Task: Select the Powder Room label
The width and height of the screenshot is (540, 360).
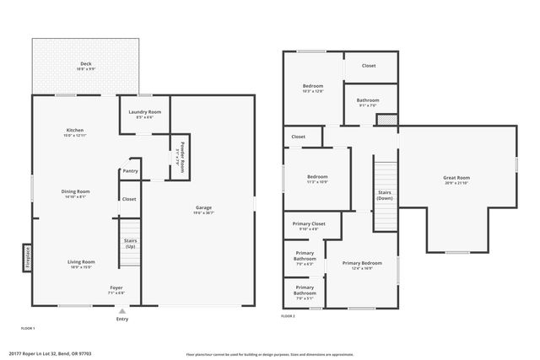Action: coord(180,155)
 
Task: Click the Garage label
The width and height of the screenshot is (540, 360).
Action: coord(203,209)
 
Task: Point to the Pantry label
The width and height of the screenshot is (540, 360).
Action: coord(130,171)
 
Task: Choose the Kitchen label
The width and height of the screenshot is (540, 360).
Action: coord(75,132)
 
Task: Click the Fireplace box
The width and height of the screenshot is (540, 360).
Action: coord(26,255)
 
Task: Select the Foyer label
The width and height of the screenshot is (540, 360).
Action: coord(116,290)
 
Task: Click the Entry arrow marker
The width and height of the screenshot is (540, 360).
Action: coord(122,310)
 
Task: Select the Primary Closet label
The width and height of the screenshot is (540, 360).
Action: coord(305,225)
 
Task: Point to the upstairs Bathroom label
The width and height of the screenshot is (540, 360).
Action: coord(368,102)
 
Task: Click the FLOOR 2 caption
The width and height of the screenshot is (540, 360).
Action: coord(289,316)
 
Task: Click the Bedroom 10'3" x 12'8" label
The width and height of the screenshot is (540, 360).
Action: coord(313,88)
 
